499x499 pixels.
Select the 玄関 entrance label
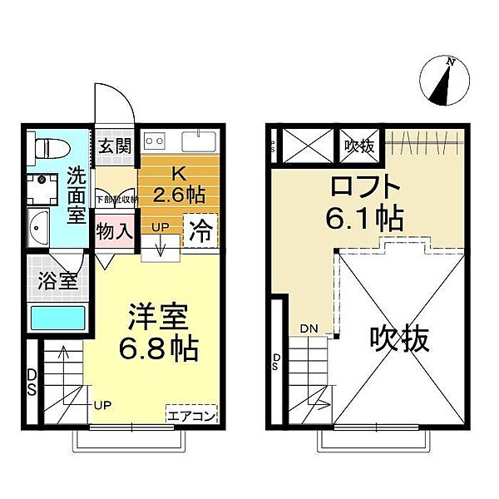[116, 146]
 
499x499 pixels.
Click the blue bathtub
[57, 319]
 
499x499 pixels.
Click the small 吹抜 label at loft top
[359, 146]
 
